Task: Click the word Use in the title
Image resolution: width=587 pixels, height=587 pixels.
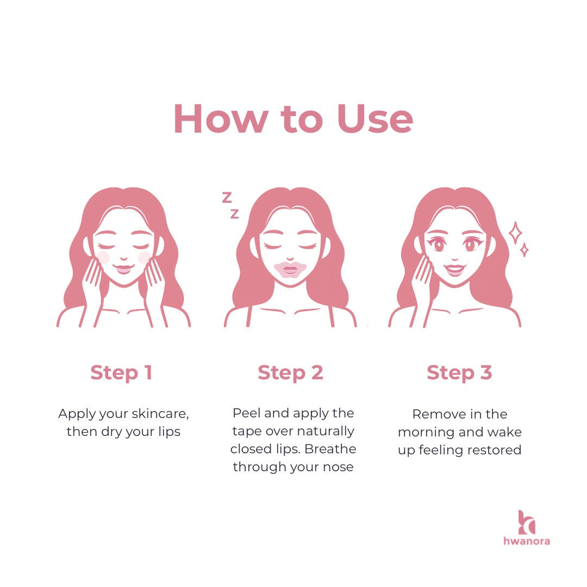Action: point(374,118)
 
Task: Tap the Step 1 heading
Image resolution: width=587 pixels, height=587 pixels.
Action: point(121,373)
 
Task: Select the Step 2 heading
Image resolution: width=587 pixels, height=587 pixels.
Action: point(290,373)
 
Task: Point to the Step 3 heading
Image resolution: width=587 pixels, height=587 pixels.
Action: point(459,373)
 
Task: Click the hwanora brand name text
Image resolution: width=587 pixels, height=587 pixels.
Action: point(527,541)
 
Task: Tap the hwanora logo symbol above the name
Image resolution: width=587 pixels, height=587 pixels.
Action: point(527,522)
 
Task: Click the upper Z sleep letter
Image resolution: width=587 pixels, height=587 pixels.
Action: point(227,197)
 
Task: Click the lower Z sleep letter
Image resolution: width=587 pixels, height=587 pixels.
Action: point(235,214)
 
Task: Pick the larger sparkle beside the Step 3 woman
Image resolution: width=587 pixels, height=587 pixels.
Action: point(515,233)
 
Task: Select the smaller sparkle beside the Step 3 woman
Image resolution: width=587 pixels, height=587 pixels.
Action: point(524,250)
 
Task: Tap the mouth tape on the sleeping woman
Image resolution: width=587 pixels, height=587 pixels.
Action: point(290,270)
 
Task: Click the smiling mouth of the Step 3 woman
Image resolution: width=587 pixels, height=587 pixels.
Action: point(455,269)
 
